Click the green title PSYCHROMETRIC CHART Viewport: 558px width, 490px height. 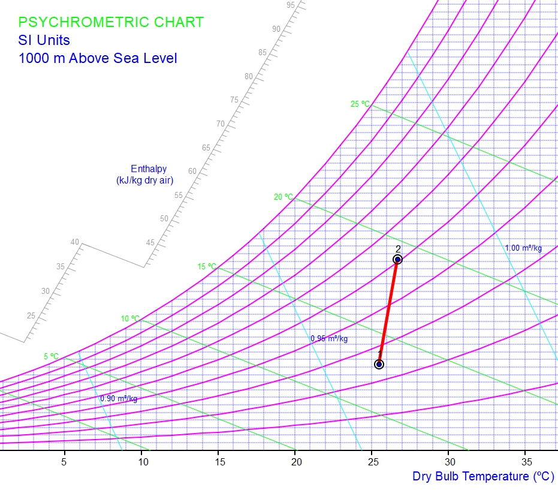(111, 22)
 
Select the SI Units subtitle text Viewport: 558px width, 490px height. (44, 40)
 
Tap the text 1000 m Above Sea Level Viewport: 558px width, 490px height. (97, 58)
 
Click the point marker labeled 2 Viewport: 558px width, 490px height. (397, 259)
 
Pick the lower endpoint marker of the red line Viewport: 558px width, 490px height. (379, 364)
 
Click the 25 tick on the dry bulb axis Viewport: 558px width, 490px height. (372, 462)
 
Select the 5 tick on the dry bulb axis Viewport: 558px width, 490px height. (64, 462)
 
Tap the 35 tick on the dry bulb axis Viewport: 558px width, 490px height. (525, 462)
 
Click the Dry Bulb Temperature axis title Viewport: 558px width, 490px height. (479, 477)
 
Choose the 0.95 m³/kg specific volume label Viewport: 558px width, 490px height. (329, 339)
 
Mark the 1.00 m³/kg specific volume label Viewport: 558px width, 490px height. (523, 248)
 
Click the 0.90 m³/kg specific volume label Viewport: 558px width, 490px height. (119, 399)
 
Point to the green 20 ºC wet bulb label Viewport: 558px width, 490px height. (283, 197)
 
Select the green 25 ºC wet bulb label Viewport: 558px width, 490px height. (360, 104)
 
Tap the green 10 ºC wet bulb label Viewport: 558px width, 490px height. (130, 318)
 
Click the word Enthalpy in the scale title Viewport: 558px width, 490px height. (149, 169)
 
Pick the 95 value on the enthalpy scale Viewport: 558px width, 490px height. (291, 5)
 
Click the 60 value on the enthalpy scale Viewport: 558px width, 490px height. (192, 172)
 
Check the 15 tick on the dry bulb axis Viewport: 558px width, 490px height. (218, 462)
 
